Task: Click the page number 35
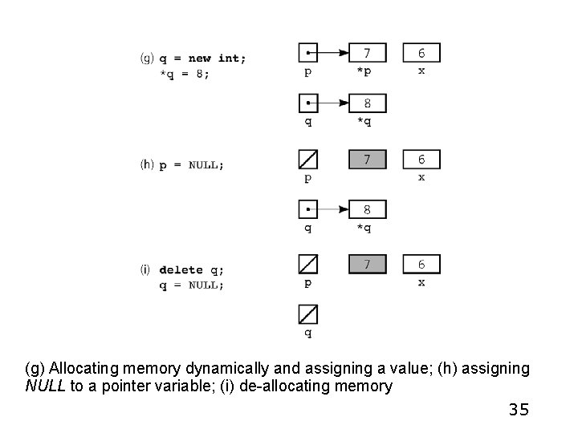pyautogui.click(x=519, y=411)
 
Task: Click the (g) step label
pyautogui.click(x=148, y=58)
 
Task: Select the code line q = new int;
pyautogui.click(x=203, y=58)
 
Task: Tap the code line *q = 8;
pyautogui.click(x=185, y=74)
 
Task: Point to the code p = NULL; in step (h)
pyautogui.click(x=192, y=165)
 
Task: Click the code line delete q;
pyautogui.click(x=192, y=269)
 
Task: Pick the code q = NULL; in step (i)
pyautogui.click(x=192, y=285)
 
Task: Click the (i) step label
pyautogui.click(x=147, y=269)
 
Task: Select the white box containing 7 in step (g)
pyautogui.click(x=367, y=53)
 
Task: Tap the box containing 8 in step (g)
pyautogui.click(x=367, y=103)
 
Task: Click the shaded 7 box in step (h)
pyautogui.click(x=367, y=160)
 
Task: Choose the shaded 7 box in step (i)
pyautogui.click(x=367, y=264)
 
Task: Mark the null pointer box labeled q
pyautogui.click(x=307, y=314)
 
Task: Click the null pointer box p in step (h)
pyautogui.click(x=307, y=160)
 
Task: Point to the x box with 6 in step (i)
pyautogui.click(x=421, y=264)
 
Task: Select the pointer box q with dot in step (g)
pyautogui.click(x=307, y=103)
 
